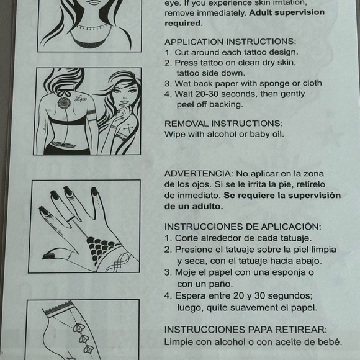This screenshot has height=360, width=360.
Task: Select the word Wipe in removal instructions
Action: tap(175, 133)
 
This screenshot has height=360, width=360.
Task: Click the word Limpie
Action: tap(178, 341)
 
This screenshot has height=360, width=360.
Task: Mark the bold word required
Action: tap(183, 24)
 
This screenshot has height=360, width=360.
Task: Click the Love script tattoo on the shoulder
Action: tap(79, 98)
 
